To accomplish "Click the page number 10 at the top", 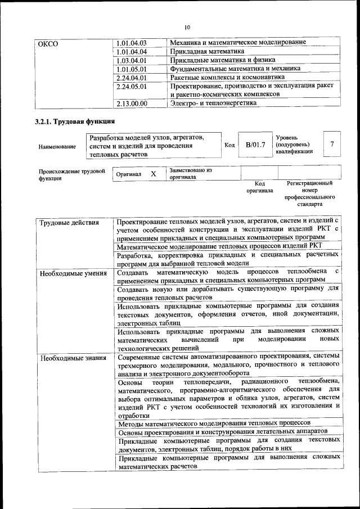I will [187, 26].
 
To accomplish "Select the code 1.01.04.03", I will [130, 43].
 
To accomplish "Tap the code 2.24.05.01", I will [130, 87].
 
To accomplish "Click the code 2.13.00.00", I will [130, 103].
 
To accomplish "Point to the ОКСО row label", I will [48, 43].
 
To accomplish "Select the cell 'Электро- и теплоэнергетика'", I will [213, 103].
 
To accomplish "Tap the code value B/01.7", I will [255, 145].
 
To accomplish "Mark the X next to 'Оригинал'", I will [153, 174].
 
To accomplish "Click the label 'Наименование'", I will [57, 147].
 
